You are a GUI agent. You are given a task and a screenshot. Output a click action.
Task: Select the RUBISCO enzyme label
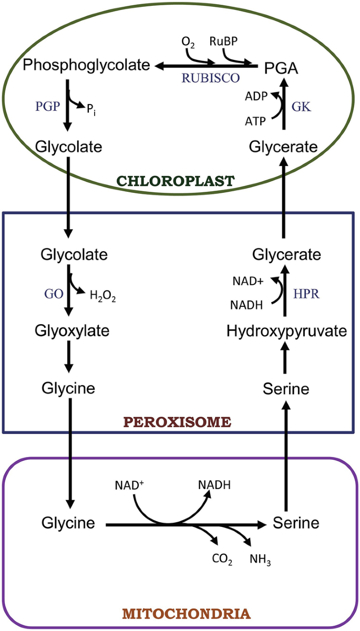click(210, 78)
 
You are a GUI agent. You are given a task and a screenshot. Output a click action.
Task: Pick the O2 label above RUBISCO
click(188, 42)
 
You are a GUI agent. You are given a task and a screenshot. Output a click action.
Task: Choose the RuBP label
click(232, 40)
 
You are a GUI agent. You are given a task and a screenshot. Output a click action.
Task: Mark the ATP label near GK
click(255, 121)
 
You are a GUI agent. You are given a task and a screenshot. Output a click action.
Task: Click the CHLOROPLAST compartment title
click(176, 181)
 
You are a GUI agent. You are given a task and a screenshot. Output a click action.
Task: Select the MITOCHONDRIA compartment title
click(179, 613)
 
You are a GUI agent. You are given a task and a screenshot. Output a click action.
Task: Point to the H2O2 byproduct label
click(102, 298)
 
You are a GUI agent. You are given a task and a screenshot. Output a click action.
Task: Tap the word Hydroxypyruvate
click(287, 331)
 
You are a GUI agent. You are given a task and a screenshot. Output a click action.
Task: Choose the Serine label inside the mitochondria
click(296, 523)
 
